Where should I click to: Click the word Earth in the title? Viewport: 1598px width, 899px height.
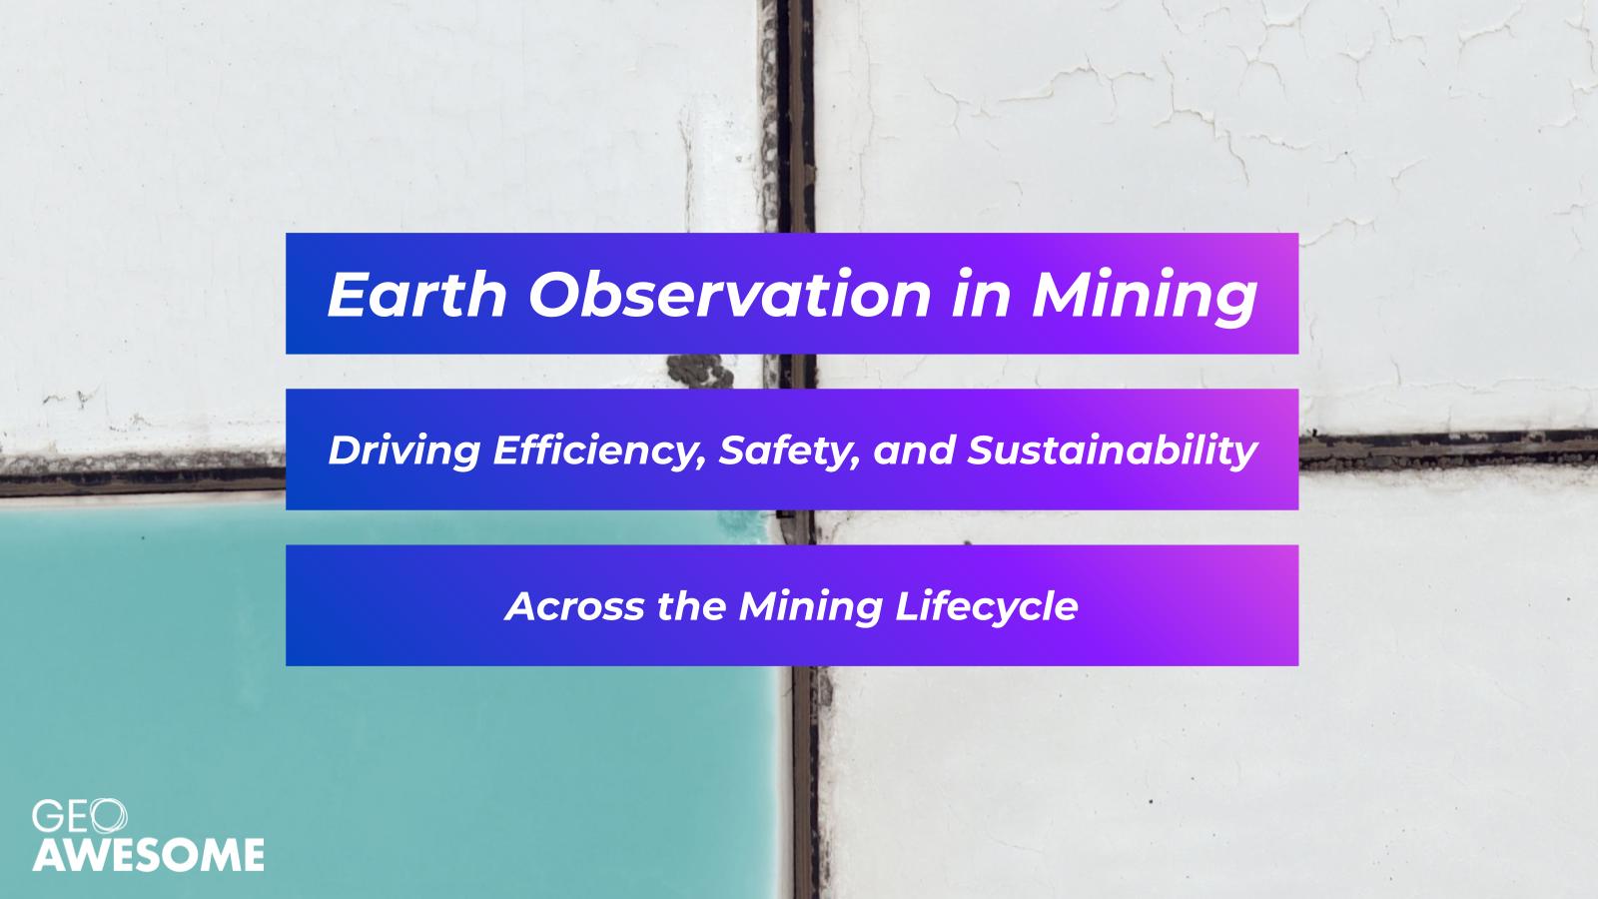417,294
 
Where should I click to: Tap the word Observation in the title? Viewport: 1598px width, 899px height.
730,294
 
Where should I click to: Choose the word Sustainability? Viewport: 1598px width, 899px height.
1113,451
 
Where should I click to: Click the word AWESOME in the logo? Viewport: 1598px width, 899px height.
149,855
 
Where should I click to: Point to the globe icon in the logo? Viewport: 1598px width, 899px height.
109,816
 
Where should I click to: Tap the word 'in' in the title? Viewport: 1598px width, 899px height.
981,294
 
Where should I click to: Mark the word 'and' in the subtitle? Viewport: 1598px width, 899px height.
915,451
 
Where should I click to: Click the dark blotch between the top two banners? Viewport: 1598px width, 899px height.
700,371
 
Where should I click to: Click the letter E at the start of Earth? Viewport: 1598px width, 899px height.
348,294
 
